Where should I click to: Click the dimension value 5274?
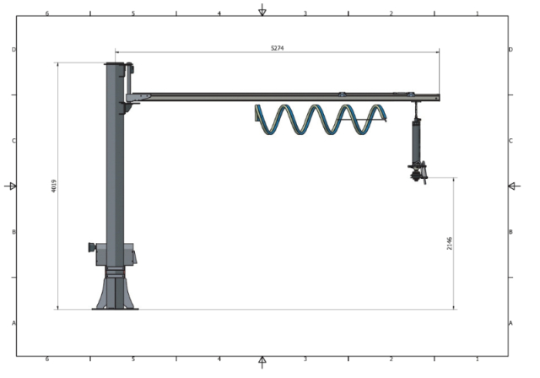277,48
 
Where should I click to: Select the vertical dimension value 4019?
54,186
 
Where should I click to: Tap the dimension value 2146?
450,243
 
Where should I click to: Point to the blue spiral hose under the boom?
321,120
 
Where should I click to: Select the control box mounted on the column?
116,254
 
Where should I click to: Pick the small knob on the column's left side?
91,247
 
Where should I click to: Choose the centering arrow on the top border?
262,10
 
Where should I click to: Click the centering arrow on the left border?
11,186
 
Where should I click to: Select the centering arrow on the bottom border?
262,363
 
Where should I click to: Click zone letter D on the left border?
13,50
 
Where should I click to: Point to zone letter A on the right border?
510,323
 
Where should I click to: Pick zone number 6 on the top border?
46,14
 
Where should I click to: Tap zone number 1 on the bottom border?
477,359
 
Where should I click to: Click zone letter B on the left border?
13,232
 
